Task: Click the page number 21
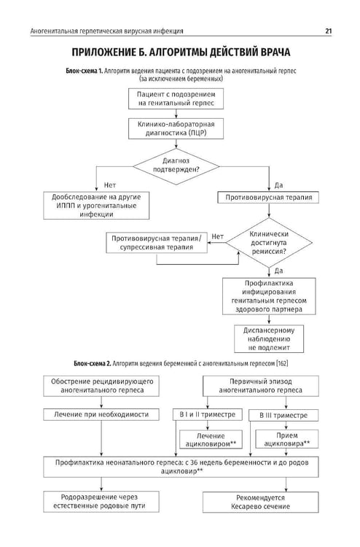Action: point(328,31)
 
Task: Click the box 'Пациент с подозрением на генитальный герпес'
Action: point(176,98)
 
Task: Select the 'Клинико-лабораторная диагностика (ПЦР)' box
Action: point(176,128)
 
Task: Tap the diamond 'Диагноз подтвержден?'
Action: point(176,166)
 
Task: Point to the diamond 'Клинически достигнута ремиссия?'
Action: point(269,242)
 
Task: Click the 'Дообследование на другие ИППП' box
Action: point(96,206)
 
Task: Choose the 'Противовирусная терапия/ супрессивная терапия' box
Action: point(157,243)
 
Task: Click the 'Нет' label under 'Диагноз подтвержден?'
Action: point(110,185)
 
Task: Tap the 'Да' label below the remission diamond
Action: point(278,271)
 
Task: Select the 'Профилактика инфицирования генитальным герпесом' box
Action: point(269,296)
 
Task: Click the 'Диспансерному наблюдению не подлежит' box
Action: point(269,338)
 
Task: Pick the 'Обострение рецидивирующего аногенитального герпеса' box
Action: point(101,386)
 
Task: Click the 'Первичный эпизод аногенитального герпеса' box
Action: point(261,386)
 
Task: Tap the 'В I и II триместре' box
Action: point(208,414)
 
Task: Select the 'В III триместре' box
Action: point(283,415)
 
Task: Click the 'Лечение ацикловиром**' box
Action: point(211,440)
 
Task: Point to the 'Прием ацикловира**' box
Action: point(287,439)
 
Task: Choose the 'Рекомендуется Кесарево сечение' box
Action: point(261,502)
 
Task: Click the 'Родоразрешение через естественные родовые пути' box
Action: point(101,502)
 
